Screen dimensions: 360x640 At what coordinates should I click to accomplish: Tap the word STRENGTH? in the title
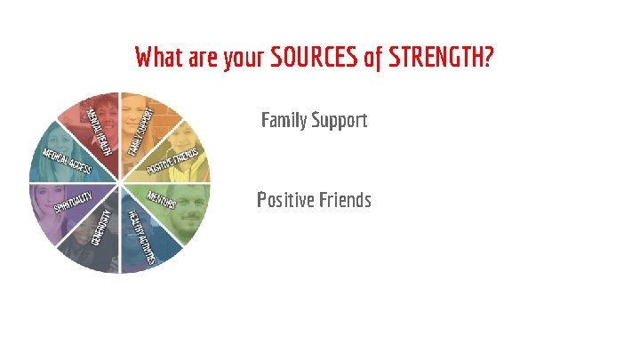[440, 59]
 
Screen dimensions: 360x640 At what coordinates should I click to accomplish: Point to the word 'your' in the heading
[243, 59]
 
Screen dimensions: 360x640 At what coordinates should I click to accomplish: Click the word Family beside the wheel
[284, 120]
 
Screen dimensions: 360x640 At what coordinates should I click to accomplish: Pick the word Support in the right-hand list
[338, 120]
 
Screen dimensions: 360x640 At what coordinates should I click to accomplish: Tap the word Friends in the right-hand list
[345, 200]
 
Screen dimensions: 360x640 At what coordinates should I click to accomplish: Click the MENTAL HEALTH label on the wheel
[100, 127]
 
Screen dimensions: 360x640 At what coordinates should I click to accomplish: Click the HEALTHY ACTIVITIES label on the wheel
[142, 236]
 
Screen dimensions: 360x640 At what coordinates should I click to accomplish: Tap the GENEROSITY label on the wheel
[101, 230]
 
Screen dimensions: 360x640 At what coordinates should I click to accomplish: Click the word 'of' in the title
[374, 59]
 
